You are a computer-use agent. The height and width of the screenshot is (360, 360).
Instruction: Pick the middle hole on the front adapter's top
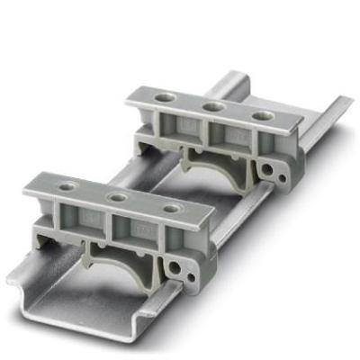115,196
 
